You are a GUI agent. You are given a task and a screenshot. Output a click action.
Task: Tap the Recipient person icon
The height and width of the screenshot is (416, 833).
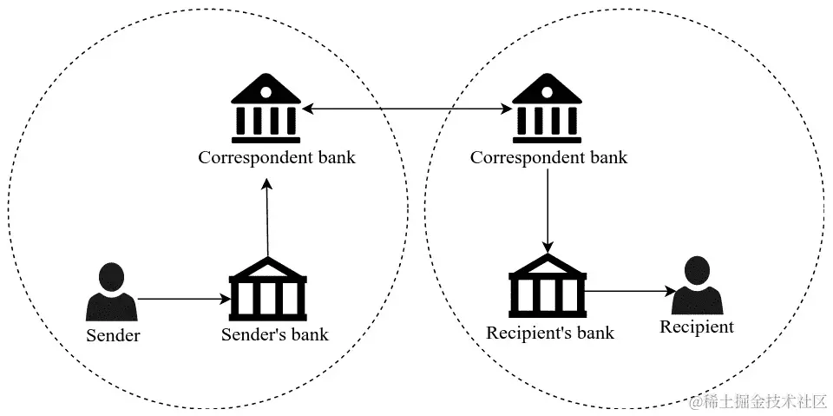point(697,287)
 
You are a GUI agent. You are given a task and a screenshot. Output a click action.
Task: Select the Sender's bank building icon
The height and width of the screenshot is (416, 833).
point(267,290)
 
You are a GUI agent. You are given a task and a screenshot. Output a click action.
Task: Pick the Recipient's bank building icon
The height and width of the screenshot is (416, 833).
point(547,287)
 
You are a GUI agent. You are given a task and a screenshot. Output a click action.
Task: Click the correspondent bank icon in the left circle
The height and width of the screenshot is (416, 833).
point(267,109)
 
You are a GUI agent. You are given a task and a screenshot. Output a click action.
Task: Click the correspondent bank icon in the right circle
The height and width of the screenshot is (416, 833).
point(547,109)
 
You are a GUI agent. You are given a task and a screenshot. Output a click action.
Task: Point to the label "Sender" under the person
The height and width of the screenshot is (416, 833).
point(113,334)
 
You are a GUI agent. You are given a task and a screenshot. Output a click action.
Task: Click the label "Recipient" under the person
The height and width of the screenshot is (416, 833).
point(696,327)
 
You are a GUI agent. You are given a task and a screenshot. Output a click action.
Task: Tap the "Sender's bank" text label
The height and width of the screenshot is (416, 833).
point(275,334)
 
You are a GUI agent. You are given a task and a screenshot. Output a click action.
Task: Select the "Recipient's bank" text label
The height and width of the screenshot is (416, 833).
point(550,333)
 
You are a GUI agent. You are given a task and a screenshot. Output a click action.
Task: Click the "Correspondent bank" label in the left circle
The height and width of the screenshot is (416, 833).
point(277,158)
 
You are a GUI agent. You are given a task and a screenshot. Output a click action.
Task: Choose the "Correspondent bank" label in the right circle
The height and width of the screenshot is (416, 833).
point(548,158)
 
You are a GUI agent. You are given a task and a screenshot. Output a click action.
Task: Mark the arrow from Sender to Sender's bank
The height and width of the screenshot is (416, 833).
point(183,300)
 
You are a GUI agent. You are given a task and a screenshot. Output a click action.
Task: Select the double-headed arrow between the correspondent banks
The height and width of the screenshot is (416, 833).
point(407,109)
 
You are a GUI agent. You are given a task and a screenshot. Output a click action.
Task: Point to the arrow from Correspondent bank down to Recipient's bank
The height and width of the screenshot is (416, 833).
point(547,208)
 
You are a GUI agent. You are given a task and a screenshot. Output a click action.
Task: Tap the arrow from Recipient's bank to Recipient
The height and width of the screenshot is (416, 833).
point(629,292)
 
